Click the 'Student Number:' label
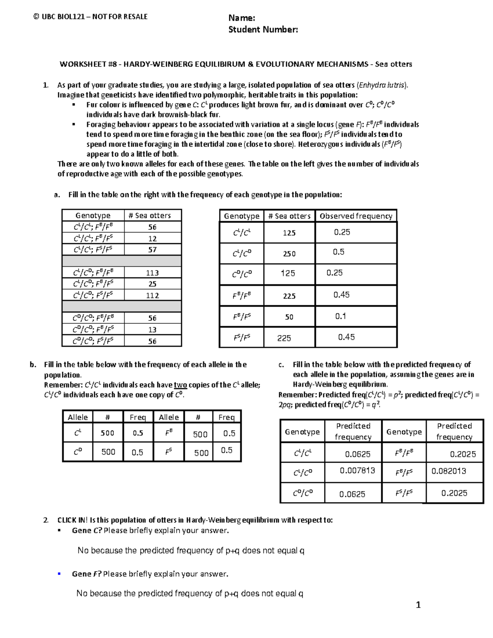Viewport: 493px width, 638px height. click(x=263, y=30)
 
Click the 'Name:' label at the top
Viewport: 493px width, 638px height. click(x=242, y=18)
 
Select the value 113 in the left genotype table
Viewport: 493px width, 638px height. click(x=152, y=273)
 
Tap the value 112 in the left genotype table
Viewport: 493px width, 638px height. click(x=152, y=295)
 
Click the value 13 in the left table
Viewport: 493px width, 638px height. click(x=152, y=329)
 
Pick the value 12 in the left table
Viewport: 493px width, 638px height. click(x=152, y=239)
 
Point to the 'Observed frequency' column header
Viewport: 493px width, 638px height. click(x=356, y=216)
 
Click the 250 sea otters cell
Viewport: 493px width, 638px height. click(x=289, y=254)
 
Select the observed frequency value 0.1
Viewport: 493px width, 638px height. click(x=341, y=316)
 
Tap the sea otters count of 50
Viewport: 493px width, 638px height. click(x=289, y=317)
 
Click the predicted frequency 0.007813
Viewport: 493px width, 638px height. click(x=357, y=470)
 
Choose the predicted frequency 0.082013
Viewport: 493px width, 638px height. click(x=449, y=471)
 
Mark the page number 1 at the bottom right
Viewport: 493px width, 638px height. click(x=418, y=605)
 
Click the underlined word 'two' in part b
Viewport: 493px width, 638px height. click(x=181, y=385)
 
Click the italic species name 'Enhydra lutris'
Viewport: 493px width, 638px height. click(x=382, y=85)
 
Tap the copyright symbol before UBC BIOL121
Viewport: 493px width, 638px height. click(x=36, y=17)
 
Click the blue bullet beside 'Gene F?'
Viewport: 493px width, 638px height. click(x=59, y=574)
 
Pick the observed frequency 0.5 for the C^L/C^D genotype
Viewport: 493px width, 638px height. click(x=339, y=252)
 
